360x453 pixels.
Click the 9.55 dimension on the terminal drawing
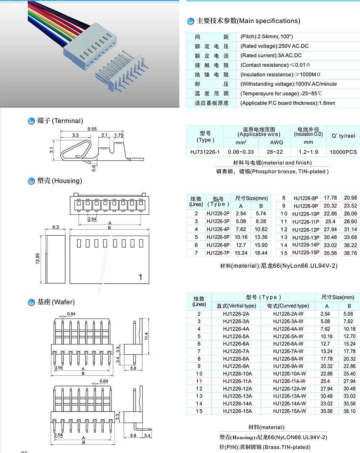92,129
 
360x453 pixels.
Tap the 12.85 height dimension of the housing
38,258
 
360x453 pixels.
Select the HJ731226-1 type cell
205,152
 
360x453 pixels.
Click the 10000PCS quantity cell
343,152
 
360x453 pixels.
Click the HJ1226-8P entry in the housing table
306,198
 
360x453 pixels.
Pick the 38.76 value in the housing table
350,253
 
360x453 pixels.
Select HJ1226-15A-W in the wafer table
289,411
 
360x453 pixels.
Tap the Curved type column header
288,306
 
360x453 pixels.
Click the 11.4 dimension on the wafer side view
146,336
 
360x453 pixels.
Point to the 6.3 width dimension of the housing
55,227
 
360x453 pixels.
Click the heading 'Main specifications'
248,21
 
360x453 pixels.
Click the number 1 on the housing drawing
140,277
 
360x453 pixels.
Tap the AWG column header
276,142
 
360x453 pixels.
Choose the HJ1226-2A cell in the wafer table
236,314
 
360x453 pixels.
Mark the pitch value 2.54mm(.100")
266,37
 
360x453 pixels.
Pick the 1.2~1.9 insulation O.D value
308,152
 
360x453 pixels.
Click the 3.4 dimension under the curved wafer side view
147,435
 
